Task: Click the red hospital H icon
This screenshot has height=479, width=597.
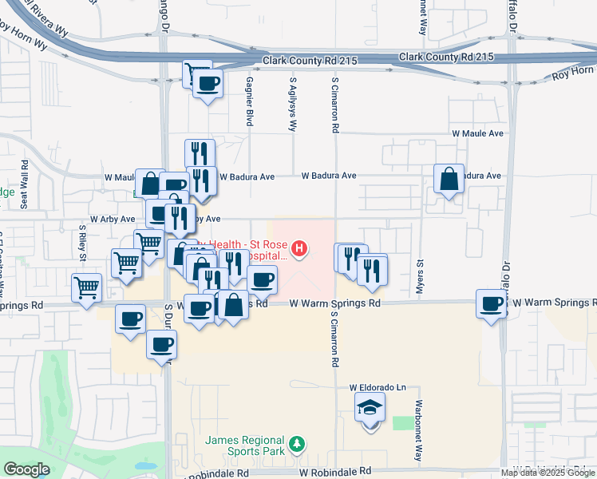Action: pos(299,250)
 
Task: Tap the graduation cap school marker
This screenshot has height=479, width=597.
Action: pos(370,409)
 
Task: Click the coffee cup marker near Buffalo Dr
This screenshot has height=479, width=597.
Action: pos(492,303)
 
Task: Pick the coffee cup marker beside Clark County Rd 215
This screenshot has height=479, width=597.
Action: pos(208,83)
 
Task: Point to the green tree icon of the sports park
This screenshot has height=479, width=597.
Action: pos(296,443)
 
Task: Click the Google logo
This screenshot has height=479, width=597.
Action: pos(26,469)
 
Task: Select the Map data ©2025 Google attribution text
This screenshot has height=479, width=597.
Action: pos(548,473)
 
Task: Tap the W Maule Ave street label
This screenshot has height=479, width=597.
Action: pos(477,133)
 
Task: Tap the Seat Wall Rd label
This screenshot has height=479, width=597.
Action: pos(25,192)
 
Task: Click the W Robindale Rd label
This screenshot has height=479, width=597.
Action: pos(336,473)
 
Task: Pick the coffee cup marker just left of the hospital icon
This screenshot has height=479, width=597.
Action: pos(262,280)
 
